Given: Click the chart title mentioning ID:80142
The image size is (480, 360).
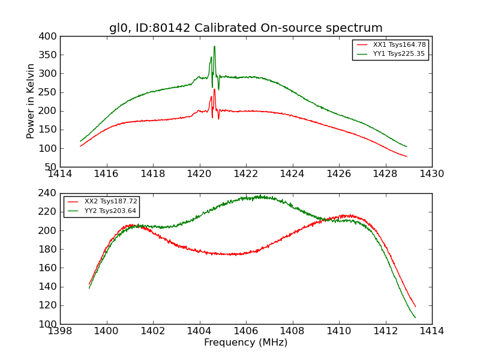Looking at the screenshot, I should pyautogui.click(x=245, y=28).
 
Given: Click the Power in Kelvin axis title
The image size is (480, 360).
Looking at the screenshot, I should pyautogui.click(x=31, y=101).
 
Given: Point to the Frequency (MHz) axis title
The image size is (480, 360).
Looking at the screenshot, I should pyautogui.click(x=245, y=343).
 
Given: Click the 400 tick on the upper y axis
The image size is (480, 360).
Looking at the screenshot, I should pyautogui.click(x=49, y=37).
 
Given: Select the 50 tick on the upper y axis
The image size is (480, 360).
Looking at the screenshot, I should pyautogui.click(x=52, y=167).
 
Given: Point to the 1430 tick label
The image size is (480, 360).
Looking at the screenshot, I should pyautogui.click(x=431, y=174).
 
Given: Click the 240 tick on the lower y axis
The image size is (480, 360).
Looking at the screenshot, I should pyautogui.click(x=49, y=194).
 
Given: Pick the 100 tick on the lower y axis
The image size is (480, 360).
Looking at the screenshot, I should pyautogui.click(x=49, y=324).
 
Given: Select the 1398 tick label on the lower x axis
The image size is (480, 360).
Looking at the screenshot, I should pyautogui.click(x=61, y=331).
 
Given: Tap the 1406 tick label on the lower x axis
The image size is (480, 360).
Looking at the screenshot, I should pyautogui.click(x=245, y=331).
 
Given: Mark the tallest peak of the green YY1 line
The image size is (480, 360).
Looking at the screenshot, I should pyautogui.click(x=214, y=46).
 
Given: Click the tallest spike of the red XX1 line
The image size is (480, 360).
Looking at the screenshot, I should pyautogui.click(x=214, y=89).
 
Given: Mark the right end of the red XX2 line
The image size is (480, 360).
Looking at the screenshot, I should pyautogui.click(x=415, y=307).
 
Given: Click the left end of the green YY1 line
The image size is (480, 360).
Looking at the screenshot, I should pyautogui.click(x=80, y=141).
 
